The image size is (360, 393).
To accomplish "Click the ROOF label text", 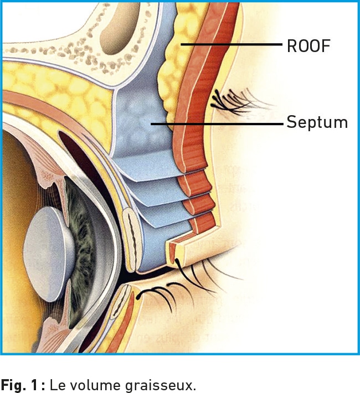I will pos(308,45).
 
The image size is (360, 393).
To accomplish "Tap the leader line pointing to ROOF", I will pos(233,44).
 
